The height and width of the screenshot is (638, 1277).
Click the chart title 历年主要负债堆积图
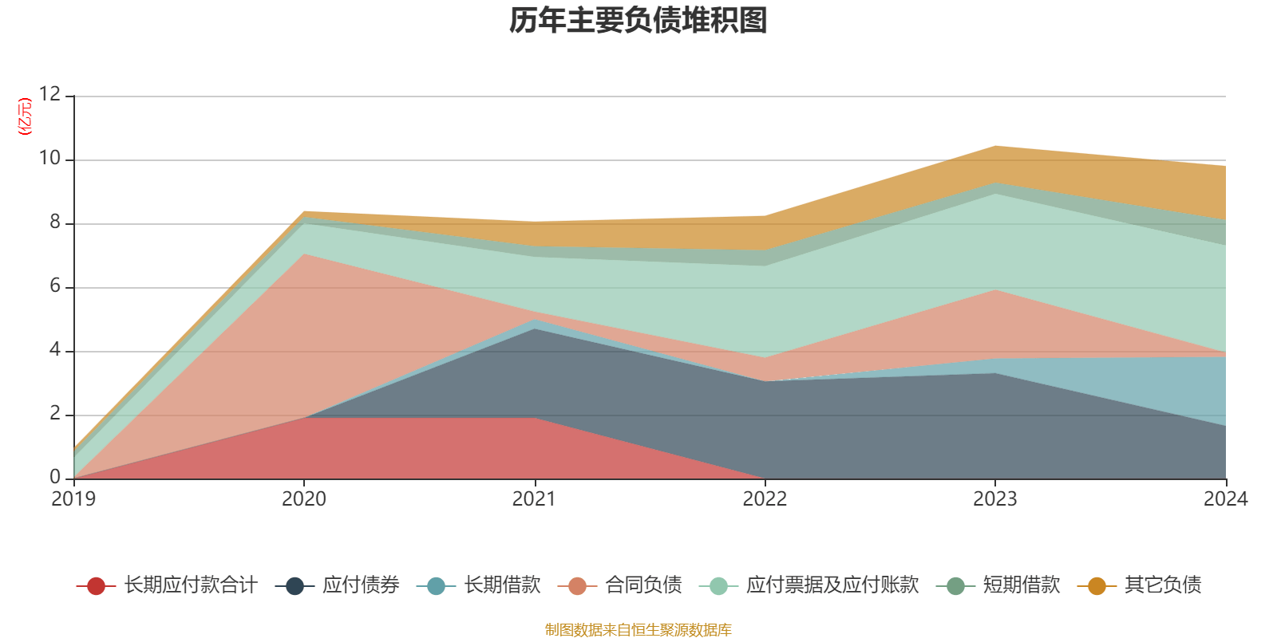[638, 21]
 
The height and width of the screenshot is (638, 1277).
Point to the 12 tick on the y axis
[49, 95]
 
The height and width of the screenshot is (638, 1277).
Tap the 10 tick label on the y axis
[49, 159]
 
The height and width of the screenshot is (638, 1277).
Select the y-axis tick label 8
[54, 223]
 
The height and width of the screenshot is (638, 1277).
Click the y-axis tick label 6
[54, 286]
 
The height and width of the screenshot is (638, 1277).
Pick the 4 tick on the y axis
[54, 350]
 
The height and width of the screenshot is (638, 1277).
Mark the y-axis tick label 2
[54, 414]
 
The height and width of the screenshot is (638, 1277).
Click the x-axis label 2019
[73, 499]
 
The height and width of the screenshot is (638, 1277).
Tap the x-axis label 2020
[304, 499]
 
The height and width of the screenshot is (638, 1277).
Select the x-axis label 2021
[534, 499]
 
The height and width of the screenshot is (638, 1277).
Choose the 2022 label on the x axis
[765, 499]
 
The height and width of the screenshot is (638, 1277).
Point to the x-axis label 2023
[995, 499]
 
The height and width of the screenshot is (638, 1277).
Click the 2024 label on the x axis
[1225, 499]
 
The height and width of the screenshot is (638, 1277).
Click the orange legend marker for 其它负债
[1097, 586]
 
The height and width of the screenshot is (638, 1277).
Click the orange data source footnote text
[638, 630]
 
